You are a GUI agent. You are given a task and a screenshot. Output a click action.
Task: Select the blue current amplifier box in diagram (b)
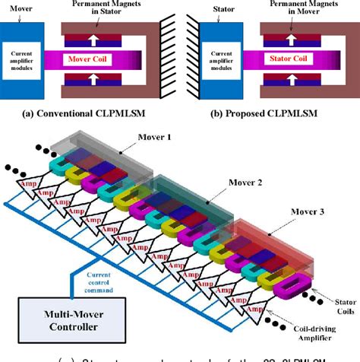coord(219,58)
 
